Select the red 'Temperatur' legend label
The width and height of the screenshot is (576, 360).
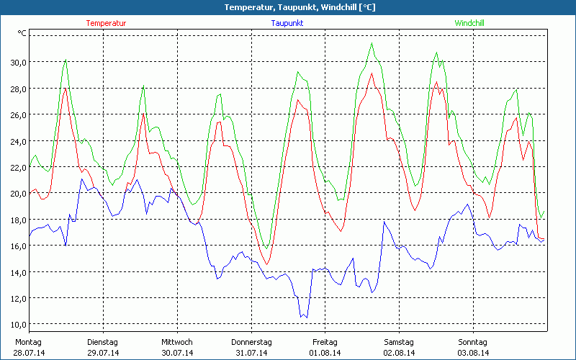[106, 23]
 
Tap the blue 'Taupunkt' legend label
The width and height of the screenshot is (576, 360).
[287, 23]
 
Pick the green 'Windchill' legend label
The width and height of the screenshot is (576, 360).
[469, 23]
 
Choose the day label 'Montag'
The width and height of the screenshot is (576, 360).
[29, 342]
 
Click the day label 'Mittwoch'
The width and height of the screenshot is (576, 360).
[177, 342]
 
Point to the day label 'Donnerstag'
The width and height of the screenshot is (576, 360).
[251, 342]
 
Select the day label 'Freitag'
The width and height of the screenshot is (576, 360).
[325, 342]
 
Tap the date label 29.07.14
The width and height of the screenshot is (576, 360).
[103, 353]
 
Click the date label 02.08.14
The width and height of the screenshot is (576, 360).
[399, 353]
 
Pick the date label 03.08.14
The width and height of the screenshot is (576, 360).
[473, 353]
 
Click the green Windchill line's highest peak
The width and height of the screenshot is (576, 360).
[372, 43]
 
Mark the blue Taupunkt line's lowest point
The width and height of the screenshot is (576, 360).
[301, 315]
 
